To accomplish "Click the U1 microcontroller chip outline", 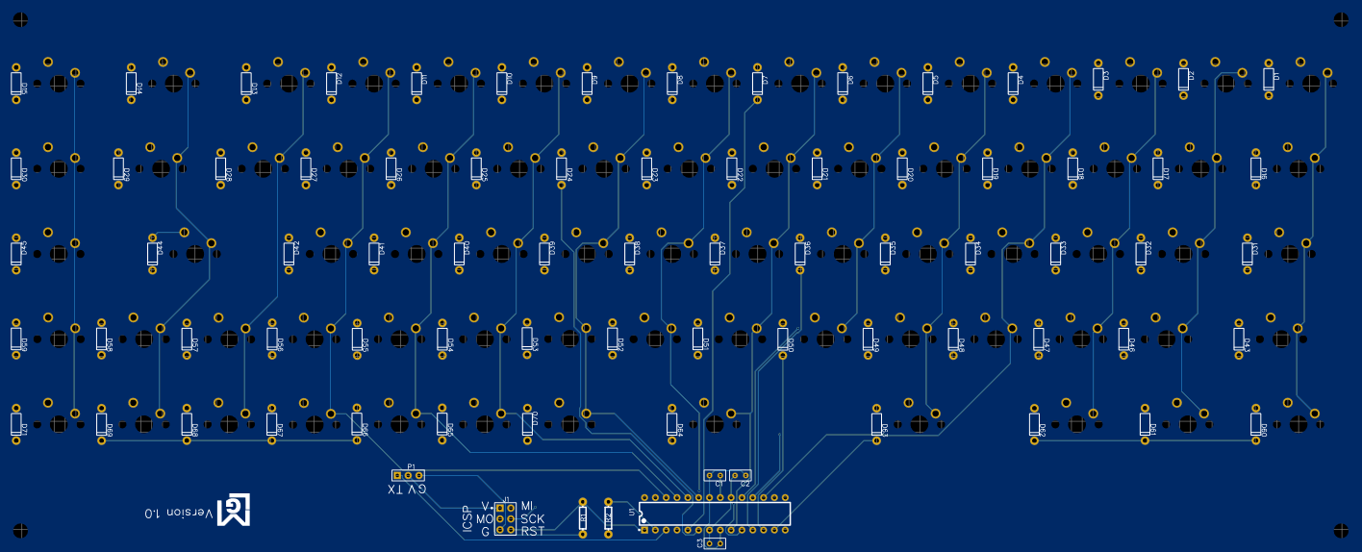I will point(715,514).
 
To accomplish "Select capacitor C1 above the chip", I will point(715,475).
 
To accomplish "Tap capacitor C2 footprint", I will point(740,475).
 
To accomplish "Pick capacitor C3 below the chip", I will point(715,543).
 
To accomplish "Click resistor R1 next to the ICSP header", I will point(583,518).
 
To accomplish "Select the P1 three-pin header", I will point(408,475).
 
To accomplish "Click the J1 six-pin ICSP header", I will point(505,518).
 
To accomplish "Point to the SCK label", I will point(533,519).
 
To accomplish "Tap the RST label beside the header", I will point(533,532).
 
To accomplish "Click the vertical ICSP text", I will point(467,519).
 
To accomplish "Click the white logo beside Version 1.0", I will point(234,511).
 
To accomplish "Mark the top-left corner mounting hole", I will point(20,19).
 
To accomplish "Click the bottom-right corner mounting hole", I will point(1342,529).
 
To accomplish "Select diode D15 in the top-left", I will point(16,83).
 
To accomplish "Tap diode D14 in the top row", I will point(132,83).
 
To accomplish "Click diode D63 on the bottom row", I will point(877,424).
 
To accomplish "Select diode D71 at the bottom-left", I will point(16,424).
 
